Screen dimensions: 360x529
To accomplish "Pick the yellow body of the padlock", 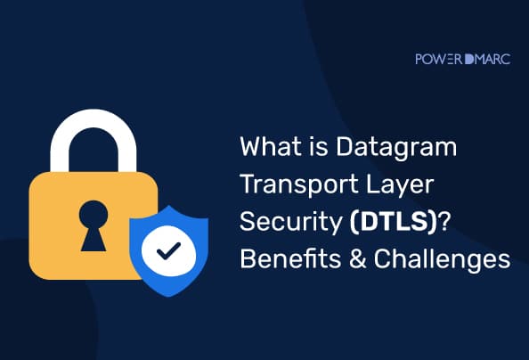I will [x=62, y=214].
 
